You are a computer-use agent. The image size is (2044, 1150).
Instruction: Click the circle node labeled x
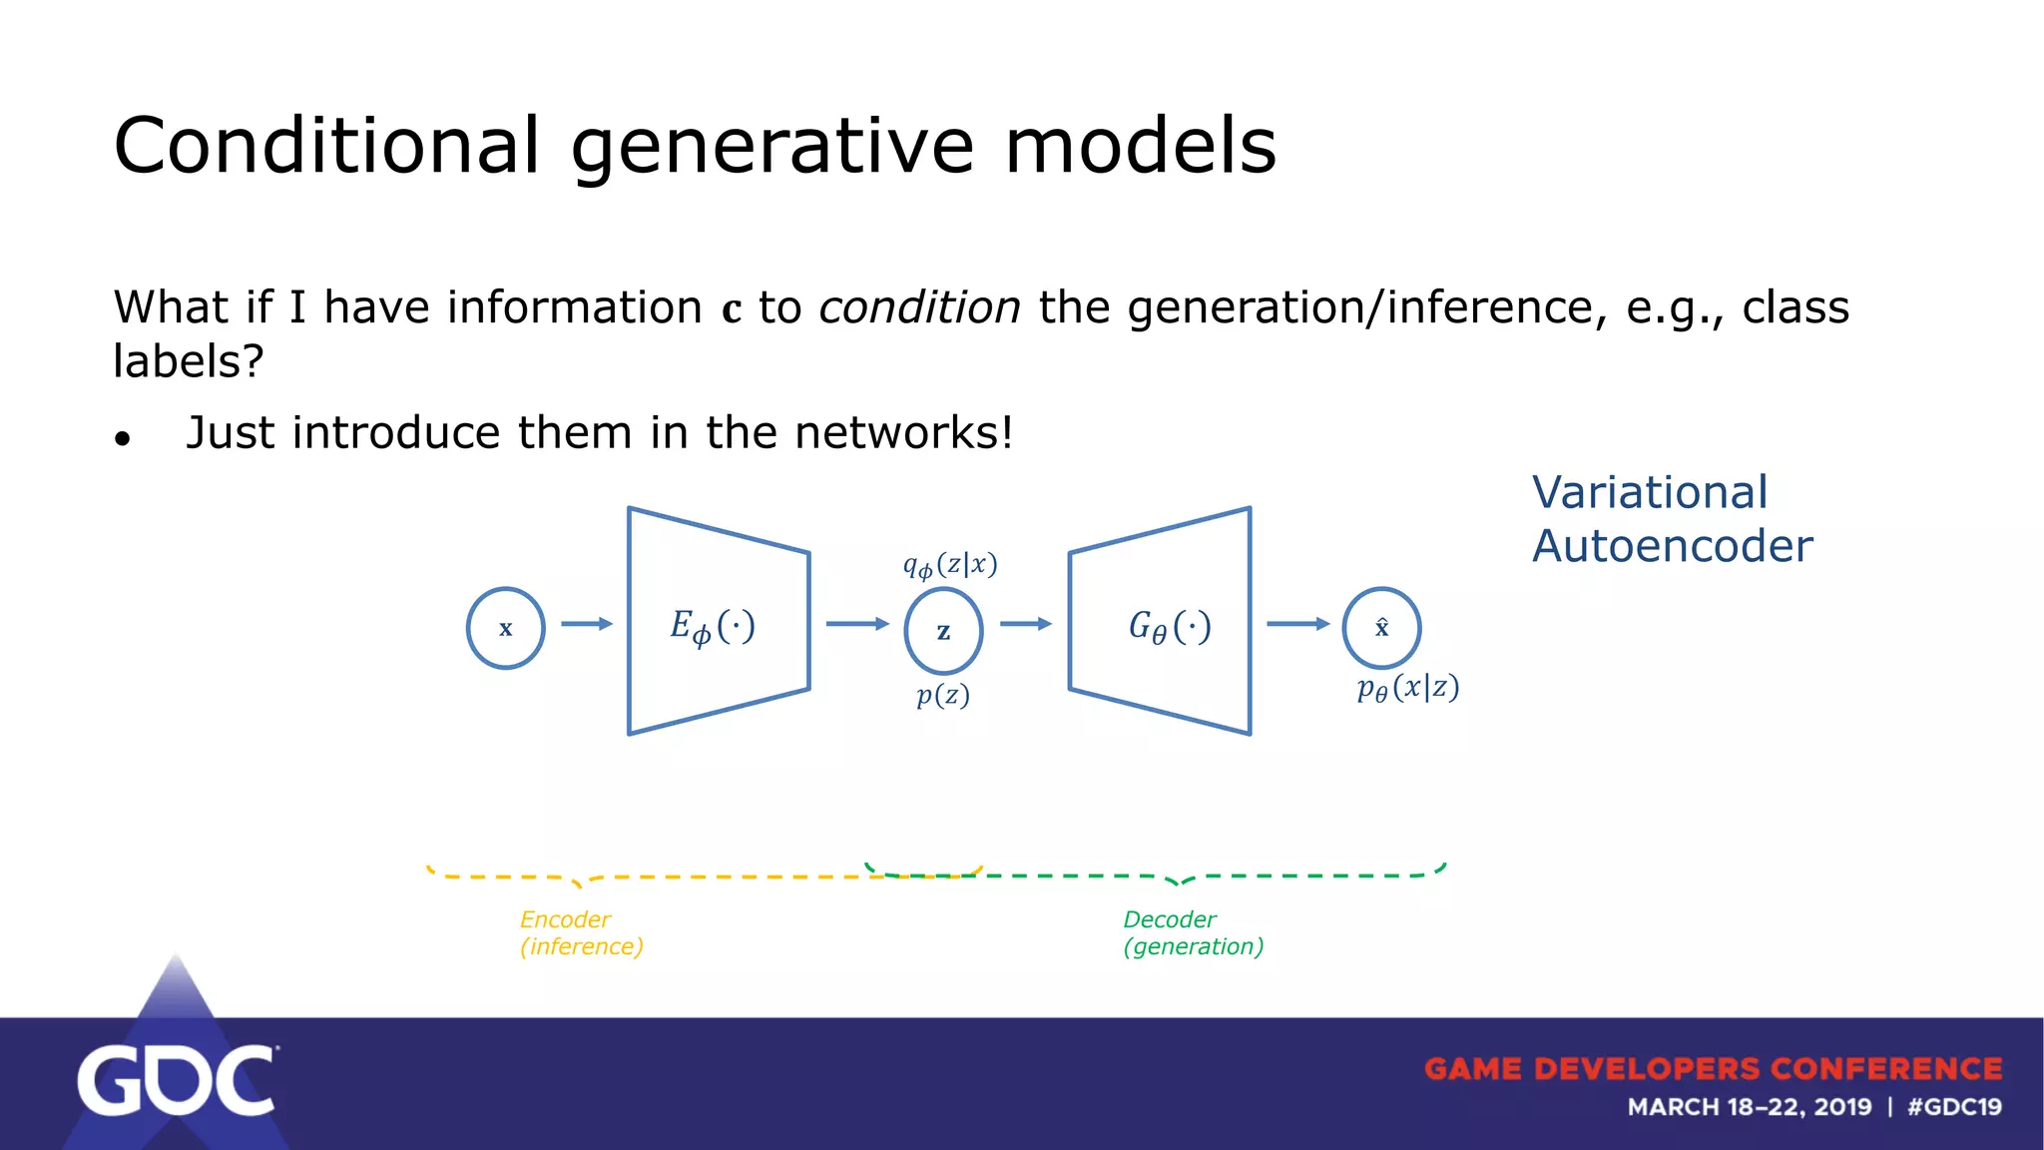click(505, 628)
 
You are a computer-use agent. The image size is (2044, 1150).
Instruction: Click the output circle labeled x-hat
click(1381, 628)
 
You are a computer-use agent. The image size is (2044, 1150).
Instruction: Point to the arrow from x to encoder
click(586, 624)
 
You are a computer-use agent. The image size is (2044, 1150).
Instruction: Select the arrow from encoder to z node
click(856, 624)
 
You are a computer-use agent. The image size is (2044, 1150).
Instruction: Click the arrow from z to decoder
click(1025, 624)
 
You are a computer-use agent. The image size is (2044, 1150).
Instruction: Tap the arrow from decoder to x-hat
click(1297, 624)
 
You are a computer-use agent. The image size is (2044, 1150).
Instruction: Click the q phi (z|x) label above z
click(949, 566)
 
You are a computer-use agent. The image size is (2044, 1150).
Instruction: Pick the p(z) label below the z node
click(942, 695)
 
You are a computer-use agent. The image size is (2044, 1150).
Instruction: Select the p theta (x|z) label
click(1407, 688)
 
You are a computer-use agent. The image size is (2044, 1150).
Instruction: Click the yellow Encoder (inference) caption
click(580, 932)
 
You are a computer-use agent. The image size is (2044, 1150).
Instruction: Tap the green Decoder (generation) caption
click(1193, 932)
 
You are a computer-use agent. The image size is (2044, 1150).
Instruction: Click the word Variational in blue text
click(1649, 493)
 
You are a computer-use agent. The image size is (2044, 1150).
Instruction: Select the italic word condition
click(919, 307)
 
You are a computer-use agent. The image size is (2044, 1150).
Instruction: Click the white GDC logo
click(176, 1080)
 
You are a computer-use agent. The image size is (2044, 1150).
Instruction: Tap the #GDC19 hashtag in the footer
click(1953, 1107)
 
